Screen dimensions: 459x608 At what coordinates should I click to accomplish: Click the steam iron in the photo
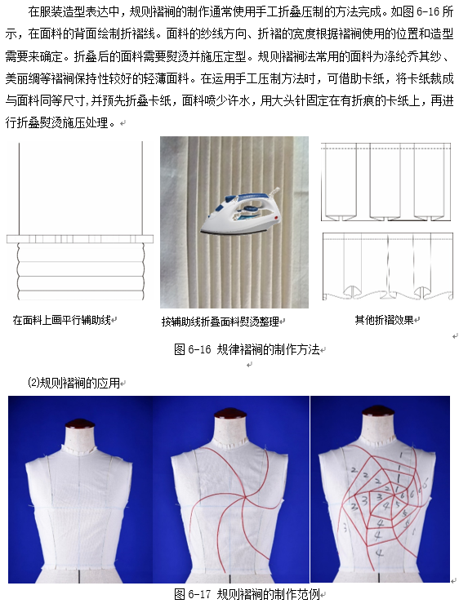(x=241, y=211)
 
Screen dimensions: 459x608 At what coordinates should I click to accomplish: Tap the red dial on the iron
(x=276, y=218)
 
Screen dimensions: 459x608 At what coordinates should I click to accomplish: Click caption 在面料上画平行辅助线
(x=62, y=320)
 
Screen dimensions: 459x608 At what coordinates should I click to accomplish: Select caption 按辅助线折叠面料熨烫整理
(x=221, y=322)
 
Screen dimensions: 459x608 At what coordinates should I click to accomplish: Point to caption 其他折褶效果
(x=384, y=320)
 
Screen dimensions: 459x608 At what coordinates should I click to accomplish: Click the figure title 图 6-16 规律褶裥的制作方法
(x=247, y=349)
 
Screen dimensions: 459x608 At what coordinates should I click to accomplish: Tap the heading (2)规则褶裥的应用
(x=74, y=383)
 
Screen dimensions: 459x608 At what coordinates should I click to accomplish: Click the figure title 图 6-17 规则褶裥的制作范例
(x=247, y=594)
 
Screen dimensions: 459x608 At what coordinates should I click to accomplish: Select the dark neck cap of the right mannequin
(x=378, y=411)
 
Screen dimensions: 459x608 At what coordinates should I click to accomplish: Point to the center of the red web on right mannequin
(x=394, y=495)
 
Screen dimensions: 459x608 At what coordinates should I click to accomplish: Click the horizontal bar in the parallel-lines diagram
(x=80, y=239)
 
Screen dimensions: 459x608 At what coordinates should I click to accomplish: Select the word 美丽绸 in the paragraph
(x=23, y=79)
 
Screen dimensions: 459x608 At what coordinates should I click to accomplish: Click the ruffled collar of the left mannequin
(x=81, y=450)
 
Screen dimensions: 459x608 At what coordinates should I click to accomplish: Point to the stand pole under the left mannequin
(x=79, y=576)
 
